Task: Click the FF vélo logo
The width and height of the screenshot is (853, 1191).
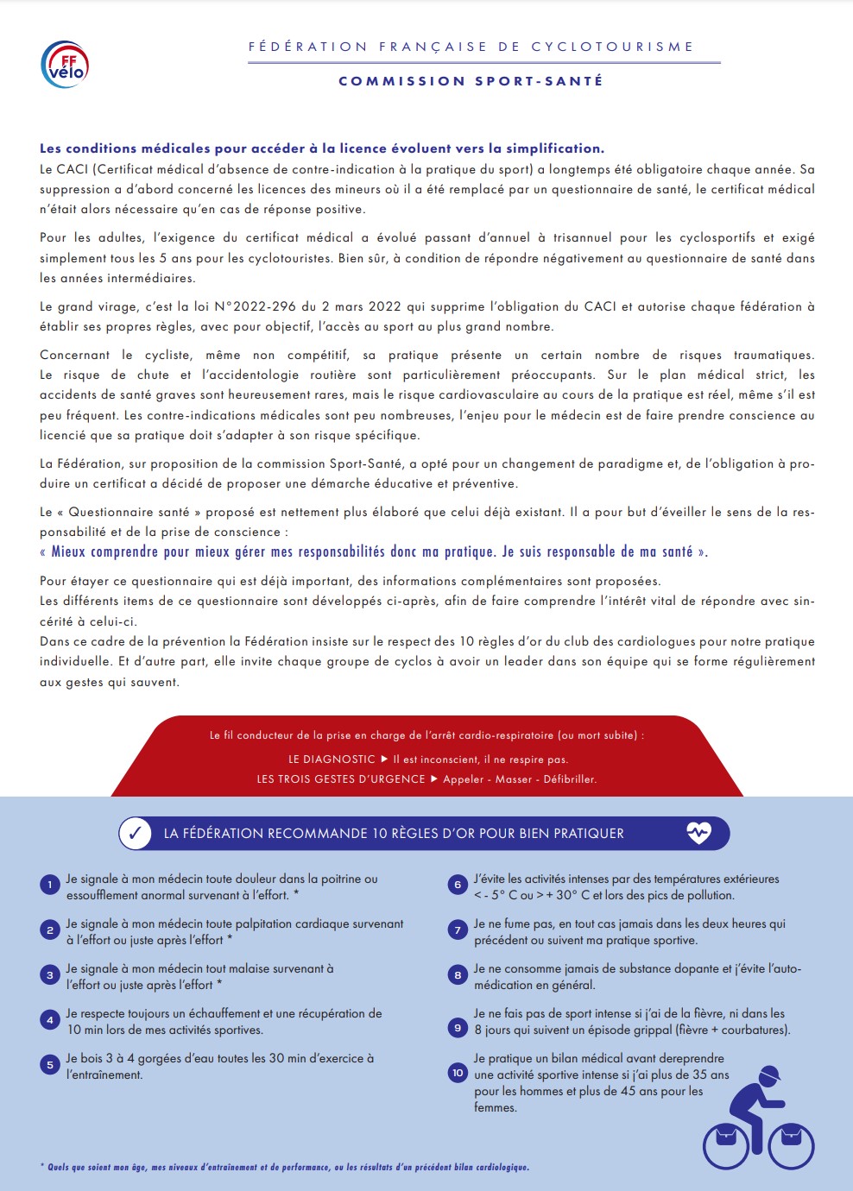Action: tap(66, 65)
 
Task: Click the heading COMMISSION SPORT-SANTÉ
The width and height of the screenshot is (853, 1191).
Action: tap(471, 81)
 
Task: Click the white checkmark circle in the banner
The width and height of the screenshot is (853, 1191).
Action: tap(135, 834)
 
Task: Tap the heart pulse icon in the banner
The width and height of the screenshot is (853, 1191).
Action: tap(698, 833)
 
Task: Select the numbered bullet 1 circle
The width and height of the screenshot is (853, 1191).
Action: tap(50, 885)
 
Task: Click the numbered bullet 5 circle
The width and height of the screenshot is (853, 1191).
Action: tap(50, 1064)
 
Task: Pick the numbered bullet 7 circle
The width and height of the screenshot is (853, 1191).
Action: tap(458, 929)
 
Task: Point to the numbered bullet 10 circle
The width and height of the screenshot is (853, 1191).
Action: tap(458, 1073)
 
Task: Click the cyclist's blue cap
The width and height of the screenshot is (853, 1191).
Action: tap(769, 1074)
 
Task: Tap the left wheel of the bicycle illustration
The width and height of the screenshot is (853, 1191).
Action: tap(726, 1146)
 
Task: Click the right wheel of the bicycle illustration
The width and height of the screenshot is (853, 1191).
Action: tap(791, 1146)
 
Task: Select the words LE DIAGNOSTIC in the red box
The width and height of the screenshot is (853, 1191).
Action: tap(332, 759)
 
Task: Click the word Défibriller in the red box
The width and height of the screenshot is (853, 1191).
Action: tap(570, 779)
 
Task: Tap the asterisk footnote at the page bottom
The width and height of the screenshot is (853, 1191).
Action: tap(285, 1167)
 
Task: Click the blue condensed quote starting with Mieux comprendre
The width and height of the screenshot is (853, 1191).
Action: tap(374, 551)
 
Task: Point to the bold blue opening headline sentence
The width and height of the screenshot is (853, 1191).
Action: tap(322, 148)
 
